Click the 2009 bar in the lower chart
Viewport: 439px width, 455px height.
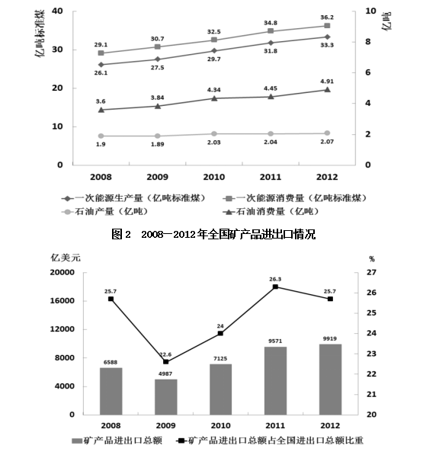click(x=165, y=397)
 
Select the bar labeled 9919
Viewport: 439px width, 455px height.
click(x=330, y=380)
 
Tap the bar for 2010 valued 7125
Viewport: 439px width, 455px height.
click(x=220, y=389)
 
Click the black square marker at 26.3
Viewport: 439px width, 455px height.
click(x=275, y=287)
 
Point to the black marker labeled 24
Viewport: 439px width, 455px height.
click(x=220, y=333)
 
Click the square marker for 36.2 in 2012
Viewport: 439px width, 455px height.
click(x=327, y=26)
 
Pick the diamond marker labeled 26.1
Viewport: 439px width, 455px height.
click(x=101, y=65)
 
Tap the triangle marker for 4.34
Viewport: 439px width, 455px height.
click(x=214, y=98)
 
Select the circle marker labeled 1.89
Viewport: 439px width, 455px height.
click(x=158, y=136)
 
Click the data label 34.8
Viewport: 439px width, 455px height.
click(x=271, y=23)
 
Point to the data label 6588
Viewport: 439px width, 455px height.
click(x=111, y=362)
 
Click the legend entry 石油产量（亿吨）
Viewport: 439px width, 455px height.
click(x=105, y=212)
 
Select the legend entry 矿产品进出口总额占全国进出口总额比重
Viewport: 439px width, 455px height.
click(x=270, y=441)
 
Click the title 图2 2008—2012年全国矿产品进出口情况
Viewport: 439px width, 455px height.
click(x=213, y=234)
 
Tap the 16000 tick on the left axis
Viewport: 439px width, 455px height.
click(x=62, y=301)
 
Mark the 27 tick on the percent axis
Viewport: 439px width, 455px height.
click(x=371, y=273)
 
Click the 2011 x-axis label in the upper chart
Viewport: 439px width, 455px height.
click(x=271, y=177)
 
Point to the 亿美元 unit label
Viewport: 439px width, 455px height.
click(x=66, y=258)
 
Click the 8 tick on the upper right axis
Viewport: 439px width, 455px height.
click(x=368, y=42)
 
